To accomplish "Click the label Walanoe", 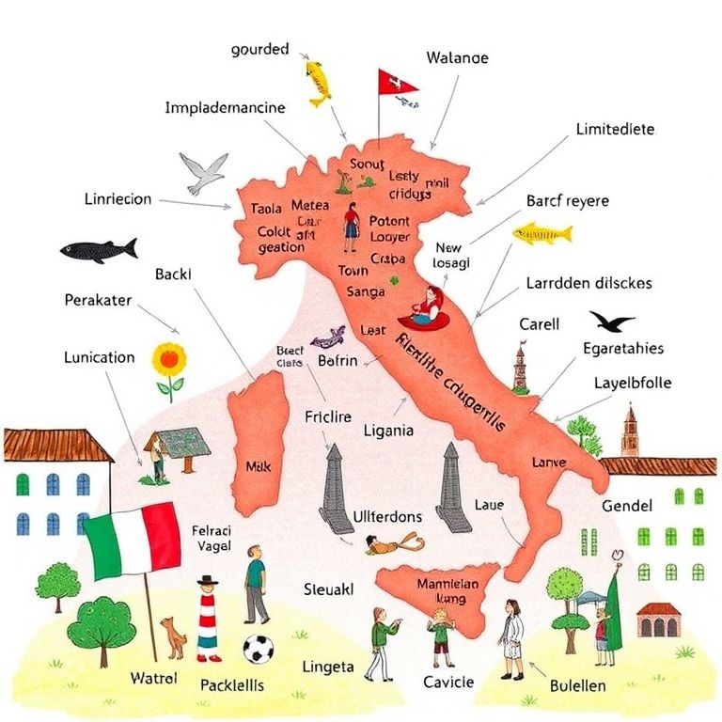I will (x=457, y=57).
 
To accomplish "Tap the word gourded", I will (x=259, y=50).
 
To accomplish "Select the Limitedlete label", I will (x=615, y=129).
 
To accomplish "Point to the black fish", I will (x=98, y=250).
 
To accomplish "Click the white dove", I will (x=204, y=172).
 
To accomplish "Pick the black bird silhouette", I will (x=612, y=322).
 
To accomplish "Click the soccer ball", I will (x=258, y=651).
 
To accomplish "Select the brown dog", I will (x=173, y=636).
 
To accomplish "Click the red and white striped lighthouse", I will (x=207, y=618).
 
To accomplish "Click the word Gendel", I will (x=627, y=507).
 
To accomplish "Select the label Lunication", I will (x=99, y=357).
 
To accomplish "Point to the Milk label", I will (x=257, y=465).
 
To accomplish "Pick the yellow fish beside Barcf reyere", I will (x=541, y=232).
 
